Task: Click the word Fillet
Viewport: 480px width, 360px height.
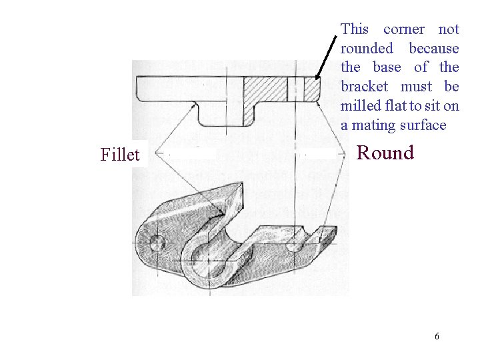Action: (x=120, y=155)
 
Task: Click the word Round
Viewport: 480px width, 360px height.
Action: (x=385, y=153)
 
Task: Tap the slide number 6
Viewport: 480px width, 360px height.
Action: (x=437, y=336)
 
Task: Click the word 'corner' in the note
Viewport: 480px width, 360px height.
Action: (x=404, y=29)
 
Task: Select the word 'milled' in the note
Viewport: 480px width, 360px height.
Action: (x=360, y=106)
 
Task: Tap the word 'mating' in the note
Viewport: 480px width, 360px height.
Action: (x=373, y=125)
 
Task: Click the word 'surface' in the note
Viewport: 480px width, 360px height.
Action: (x=423, y=125)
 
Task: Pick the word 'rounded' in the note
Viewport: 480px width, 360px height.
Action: (x=367, y=49)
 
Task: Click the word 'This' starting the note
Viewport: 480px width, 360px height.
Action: (x=355, y=29)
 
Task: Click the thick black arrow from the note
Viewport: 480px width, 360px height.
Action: (x=326, y=57)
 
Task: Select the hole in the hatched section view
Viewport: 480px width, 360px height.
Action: (x=295, y=89)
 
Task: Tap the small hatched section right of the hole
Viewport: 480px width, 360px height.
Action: (x=311, y=89)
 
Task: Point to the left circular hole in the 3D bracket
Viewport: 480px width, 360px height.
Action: (x=158, y=242)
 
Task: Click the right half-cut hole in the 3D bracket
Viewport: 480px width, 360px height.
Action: (x=294, y=245)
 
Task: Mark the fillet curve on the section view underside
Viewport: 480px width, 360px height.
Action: (x=195, y=105)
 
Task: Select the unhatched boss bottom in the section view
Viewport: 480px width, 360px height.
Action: (x=220, y=115)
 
